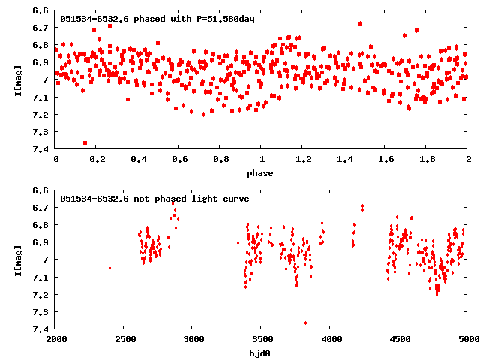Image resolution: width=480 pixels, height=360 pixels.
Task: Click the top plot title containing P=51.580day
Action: point(157,19)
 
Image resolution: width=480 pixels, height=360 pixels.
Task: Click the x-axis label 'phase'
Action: point(261,173)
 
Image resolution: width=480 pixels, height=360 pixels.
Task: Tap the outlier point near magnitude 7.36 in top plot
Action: point(85,142)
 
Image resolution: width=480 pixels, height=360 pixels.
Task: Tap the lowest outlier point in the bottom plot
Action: point(305,322)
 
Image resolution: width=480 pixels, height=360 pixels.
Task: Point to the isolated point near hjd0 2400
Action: point(110,268)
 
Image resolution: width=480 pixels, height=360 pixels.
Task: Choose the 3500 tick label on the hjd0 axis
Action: point(261,339)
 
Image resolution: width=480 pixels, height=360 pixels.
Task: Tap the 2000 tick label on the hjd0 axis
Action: point(56,339)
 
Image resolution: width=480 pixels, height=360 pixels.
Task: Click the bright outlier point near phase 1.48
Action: point(361,23)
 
